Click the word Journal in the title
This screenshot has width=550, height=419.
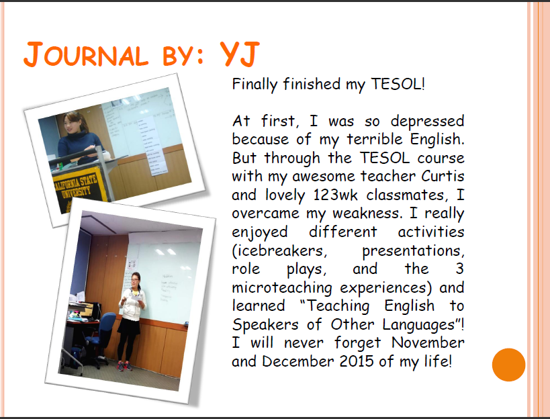(x=86, y=54)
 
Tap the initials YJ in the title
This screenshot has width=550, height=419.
(x=240, y=54)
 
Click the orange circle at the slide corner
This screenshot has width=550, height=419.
(x=508, y=365)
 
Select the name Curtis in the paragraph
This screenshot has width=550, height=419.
(x=443, y=176)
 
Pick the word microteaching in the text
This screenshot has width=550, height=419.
(x=282, y=288)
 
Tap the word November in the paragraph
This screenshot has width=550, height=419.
(x=428, y=342)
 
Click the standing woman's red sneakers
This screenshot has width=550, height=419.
(x=124, y=366)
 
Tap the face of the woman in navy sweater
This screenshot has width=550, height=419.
(x=71, y=124)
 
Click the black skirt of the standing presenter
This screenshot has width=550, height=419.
(x=128, y=327)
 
